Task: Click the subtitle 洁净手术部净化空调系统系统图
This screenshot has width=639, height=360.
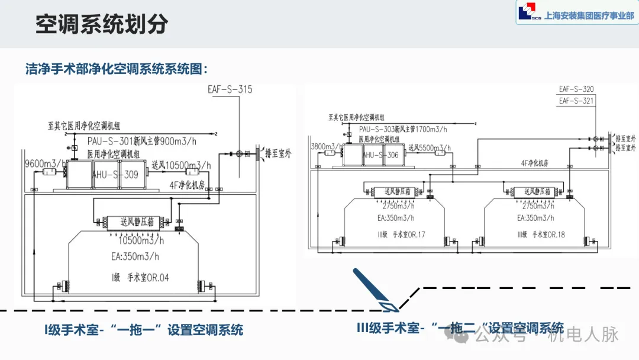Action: pyautogui.click(x=117, y=69)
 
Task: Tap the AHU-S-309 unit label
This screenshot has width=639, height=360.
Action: pyautogui.click(x=115, y=175)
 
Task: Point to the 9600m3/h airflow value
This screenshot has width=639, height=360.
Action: pyautogui.click(x=44, y=163)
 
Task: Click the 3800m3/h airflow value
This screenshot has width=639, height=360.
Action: pyautogui.click(x=326, y=146)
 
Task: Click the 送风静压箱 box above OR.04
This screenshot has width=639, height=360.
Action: pyautogui.click(x=137, y=222)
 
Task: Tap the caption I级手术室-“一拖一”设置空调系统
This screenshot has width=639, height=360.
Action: pyautogui.click(x=144, y=330)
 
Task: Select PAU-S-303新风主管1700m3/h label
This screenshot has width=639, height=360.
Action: pyautogui.click(x=402, y=128)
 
